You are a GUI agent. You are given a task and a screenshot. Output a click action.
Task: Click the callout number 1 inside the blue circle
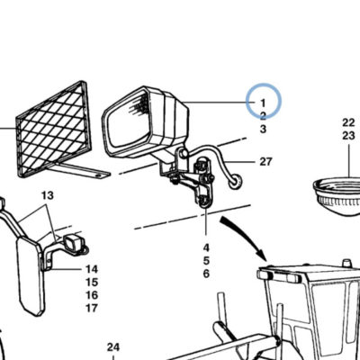tap(263, 103)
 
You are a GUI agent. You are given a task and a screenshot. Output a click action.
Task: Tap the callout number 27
tap(265, 162)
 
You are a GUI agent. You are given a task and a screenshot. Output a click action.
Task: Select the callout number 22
tap(348, 122)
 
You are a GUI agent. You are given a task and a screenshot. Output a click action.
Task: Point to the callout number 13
tap(48, 195)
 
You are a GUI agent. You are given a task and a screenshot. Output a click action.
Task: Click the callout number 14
tap(92, 269)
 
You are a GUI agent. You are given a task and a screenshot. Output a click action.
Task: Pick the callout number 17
tap(92, 308)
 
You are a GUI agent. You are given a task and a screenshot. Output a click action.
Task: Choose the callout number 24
tap(113, 347)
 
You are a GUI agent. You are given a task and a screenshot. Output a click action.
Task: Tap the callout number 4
tap(206, 247)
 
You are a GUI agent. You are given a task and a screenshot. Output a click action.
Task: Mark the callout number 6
tap(206, 274)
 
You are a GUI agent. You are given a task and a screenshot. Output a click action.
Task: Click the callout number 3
tap(263, 129)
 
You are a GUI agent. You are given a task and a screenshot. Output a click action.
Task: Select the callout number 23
tap(348, 136)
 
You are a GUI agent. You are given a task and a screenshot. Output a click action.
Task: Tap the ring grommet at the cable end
tap(236, 182)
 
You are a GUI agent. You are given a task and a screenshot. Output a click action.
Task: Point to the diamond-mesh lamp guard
tap(54, 129)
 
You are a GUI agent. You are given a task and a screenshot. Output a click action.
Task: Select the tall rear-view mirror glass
tap(30, 276)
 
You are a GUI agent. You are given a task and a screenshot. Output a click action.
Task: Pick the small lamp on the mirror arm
tap(73, 242)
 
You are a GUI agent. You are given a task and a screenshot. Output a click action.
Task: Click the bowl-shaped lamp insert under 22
tap(337, 196)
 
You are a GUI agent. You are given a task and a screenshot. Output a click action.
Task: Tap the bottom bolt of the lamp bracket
tap(203, 202)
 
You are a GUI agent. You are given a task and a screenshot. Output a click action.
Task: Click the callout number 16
tap(92, 295)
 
